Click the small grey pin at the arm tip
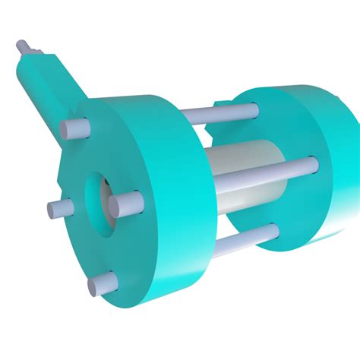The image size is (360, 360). pos(23,47)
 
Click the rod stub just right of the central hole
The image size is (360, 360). pos(126,202)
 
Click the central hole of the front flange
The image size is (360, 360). pos(99,197)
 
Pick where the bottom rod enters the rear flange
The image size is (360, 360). pos(272,230)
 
